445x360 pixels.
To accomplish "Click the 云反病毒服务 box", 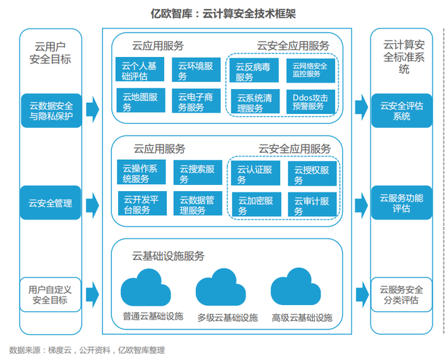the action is (254, 70).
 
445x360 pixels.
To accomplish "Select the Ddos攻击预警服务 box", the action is (311, 101).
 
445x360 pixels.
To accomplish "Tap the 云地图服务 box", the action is (140, 100).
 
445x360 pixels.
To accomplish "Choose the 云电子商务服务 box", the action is (196, 101).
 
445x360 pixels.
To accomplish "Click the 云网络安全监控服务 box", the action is (311, 70).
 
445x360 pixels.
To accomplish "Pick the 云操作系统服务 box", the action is (141, 172).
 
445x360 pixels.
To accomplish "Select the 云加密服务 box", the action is (257, 204).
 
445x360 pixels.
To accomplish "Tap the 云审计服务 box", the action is (312, 204).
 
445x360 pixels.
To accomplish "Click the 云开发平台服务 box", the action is (142, 203).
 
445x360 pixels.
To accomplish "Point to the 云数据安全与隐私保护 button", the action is (51, 111).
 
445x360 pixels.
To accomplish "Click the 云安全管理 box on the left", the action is (51, 202).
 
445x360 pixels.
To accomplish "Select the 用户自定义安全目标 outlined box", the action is (50, 295).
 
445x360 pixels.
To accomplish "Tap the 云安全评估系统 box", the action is (402, 111).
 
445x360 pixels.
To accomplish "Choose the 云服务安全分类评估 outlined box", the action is (401, 295).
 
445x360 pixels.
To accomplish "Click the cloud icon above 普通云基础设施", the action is (145, 288).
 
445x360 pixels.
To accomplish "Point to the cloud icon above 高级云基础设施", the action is (296, 286).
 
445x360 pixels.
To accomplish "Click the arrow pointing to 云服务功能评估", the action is (362, 205).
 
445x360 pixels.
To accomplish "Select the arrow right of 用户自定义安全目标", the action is (92, 295).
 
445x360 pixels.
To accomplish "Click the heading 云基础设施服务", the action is (168, 256).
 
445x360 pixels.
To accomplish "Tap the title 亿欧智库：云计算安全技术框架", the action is (223, 13).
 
